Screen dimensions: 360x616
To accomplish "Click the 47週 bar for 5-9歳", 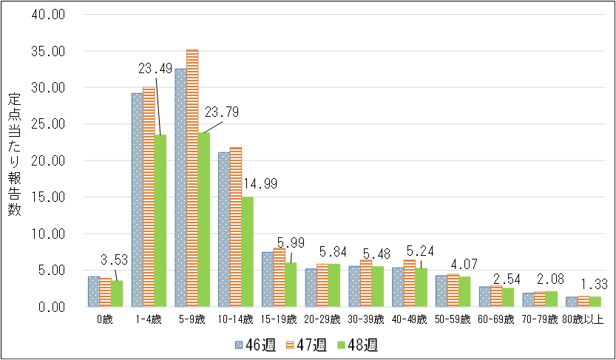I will tap(192, 177).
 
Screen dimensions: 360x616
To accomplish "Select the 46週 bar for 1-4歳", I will tap(137, 200).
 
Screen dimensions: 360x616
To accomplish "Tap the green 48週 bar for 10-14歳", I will tap(248, 251).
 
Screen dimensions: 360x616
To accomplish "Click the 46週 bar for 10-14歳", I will tap(223, 229).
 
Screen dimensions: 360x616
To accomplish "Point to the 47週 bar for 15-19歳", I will tap(280, 277).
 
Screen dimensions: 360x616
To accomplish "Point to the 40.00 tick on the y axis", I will tap(50, 16).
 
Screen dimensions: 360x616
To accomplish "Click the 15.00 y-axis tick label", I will tap(50, 197).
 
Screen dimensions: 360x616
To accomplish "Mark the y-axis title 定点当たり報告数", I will tap(15, 155).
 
